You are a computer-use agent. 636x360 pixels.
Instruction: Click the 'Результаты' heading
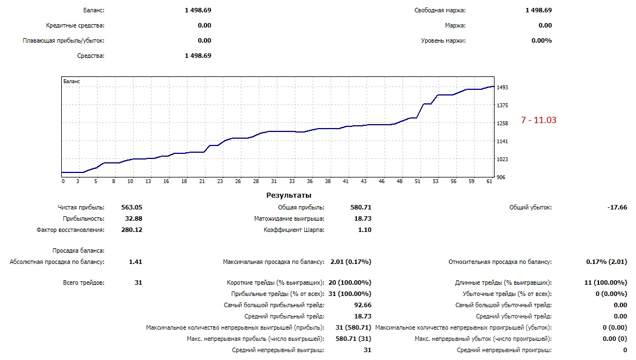(289, 195)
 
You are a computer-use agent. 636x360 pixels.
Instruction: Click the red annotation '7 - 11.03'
(538, 120)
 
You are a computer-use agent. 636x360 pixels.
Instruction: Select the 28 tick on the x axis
(256, 181)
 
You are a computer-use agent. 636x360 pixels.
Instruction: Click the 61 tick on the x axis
(489, 181)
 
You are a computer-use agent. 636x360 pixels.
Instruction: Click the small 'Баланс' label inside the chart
(72, 81)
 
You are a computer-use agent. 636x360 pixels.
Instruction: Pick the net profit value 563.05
(131, 207)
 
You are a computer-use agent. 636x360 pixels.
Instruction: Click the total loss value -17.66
(617, 207)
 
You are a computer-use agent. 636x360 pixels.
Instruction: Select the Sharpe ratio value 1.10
(364, 230)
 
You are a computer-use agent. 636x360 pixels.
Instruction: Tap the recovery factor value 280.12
(131, 230)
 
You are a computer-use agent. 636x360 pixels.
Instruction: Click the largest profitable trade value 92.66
(362, 305)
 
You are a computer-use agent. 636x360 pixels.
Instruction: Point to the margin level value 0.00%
(541, 40)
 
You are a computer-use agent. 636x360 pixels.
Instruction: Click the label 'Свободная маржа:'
(440, 10)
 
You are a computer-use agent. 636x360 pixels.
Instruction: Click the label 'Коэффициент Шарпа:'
(294, 230)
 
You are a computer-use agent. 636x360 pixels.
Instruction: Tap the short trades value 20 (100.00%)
(349, 282)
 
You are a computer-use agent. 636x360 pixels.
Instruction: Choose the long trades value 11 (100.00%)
(606, 282)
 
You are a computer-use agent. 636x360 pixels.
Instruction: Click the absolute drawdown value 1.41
(135, 262)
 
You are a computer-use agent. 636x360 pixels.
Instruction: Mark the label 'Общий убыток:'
(530, 207)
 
